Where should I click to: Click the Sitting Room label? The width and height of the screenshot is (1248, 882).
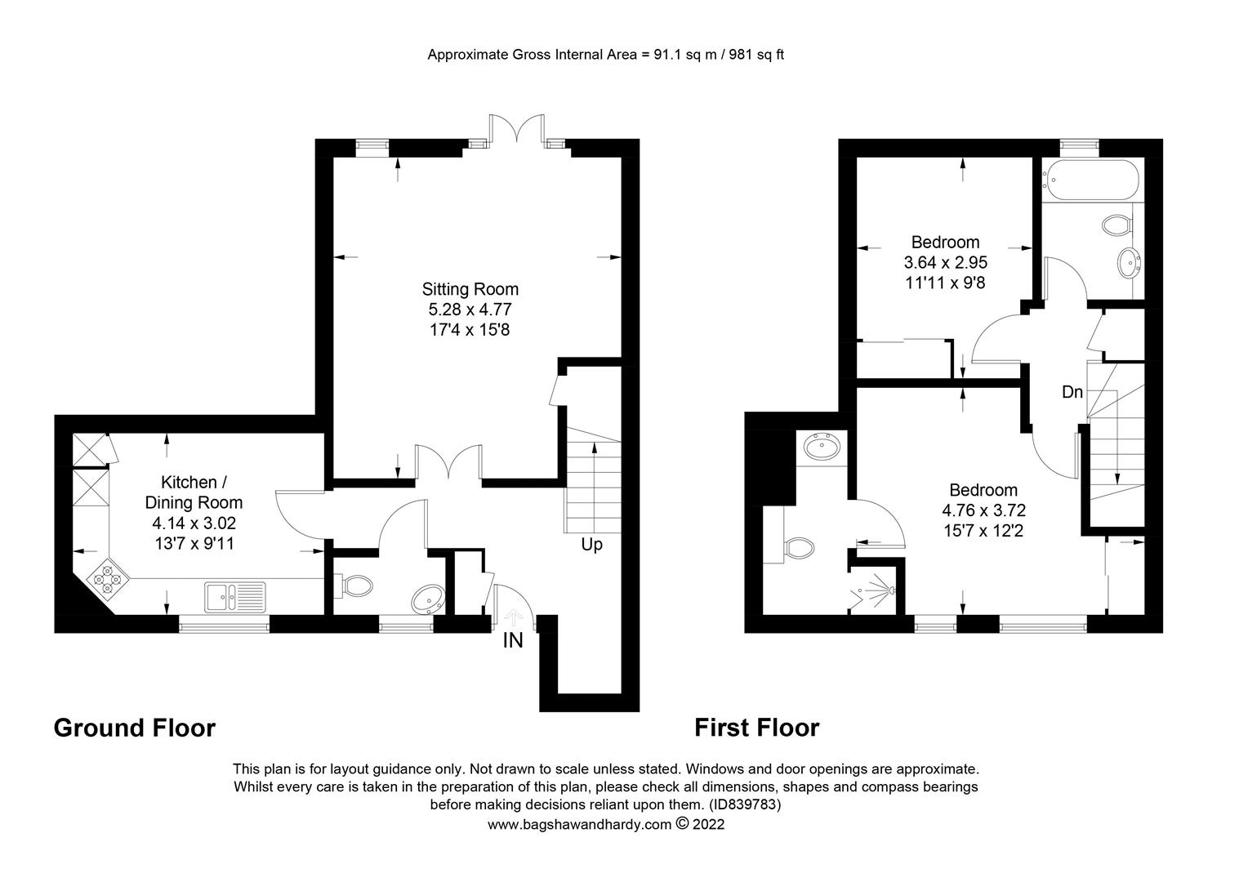[x=470, y=289]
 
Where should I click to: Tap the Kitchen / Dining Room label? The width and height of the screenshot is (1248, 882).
[x=194, y=492]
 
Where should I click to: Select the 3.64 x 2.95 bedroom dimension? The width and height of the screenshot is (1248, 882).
[x=946, y=262]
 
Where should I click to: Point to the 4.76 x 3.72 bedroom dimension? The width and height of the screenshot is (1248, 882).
[x=983, y=510]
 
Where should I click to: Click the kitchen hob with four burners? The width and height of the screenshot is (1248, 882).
[x=107, y=579]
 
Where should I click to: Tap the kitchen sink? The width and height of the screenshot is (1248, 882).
[x=235, y=597]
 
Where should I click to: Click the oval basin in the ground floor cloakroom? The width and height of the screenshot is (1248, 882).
[x=428, y=599]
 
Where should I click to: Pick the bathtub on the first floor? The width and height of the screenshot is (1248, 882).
[x=1090, y=180]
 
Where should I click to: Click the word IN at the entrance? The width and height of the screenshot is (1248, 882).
[x=513, y=641]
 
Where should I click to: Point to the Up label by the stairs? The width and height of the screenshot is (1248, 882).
[x=591, y=545]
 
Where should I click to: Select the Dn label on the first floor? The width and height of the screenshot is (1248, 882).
[x=1072, y=392]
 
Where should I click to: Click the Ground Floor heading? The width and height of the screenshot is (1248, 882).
[x=134, y=728]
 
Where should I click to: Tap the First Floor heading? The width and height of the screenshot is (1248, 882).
[x=756, y=728]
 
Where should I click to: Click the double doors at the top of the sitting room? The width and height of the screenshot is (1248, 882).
[x=516, y=131]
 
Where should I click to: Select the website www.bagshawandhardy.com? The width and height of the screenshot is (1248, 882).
[x=579, y=825]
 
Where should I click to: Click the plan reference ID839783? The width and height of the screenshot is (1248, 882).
[x=745, y=805]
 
